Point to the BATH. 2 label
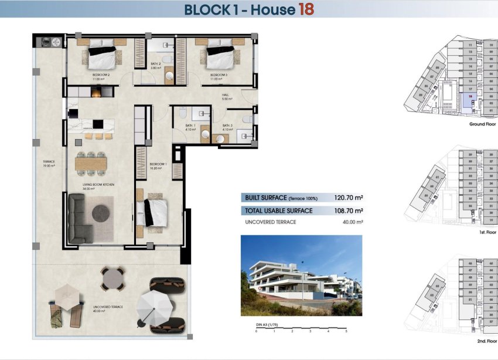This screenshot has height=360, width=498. pos(156,65)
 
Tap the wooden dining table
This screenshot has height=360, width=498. pos(91,161)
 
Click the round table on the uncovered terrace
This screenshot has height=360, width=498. pos(112,278)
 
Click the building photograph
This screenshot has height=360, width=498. pos(301,276)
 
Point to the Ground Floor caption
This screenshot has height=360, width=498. pos(483,125)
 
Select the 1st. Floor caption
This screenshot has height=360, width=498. pos(488,232)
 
